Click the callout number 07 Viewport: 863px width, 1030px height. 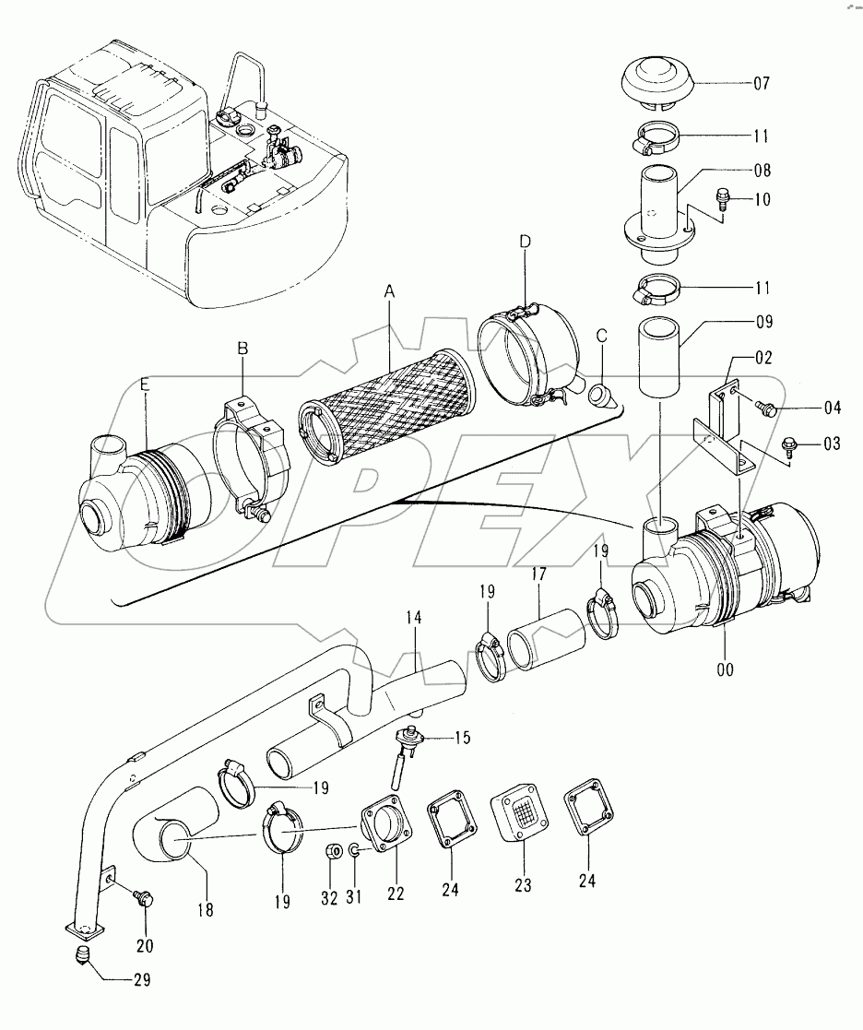762,83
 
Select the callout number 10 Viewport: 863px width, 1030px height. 762,199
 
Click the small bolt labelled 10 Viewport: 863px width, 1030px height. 722,197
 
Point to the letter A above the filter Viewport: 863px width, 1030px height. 389,292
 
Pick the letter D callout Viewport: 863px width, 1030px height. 525,242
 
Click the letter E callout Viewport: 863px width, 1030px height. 145,385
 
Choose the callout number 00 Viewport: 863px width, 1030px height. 725,670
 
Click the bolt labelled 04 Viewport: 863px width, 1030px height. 766,408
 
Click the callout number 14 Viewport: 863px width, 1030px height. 414,618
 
